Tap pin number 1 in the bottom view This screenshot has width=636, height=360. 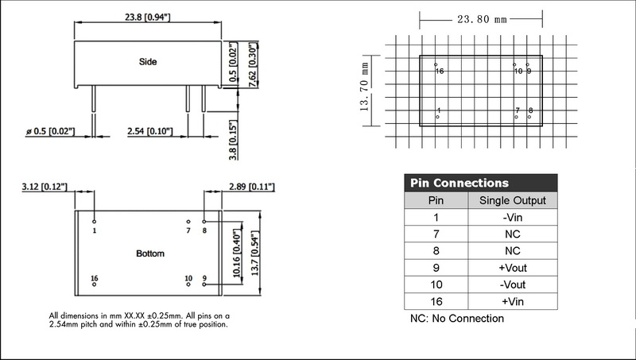[95, 230]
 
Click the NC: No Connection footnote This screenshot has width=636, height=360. [456, 319]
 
